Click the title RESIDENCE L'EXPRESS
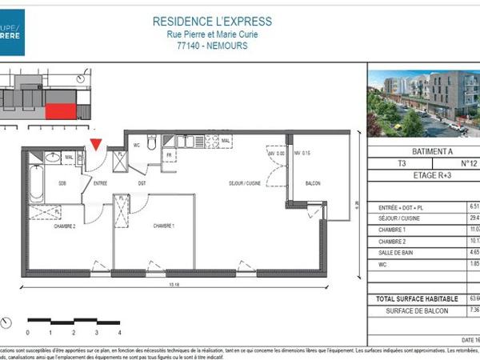pyautogui.click(x=212, y=22)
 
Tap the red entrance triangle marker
pyautogui.click(x=96, y=145)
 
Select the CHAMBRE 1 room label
pyautogui.click(x=164, y=226)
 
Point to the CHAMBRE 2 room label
pyautogui.click(x=65, y=226)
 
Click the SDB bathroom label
pyautogui.click(x=61, y=183)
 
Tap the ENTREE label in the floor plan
pyautogui.click(x=100, y=183)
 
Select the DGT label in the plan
pyautogui.click(x=142, y=183)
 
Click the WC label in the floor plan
pyautogui.click(x=138, y=146)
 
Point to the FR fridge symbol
pyautogui.click(x=170, y=154)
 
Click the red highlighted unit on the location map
pyautogui.click(x=59, y=111)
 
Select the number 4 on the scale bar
pyautogui.click(x=118, y=331)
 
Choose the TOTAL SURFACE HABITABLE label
pyautogui.click(x=414, y=298)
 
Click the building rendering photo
pyautogui.click(x=423, y=102)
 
